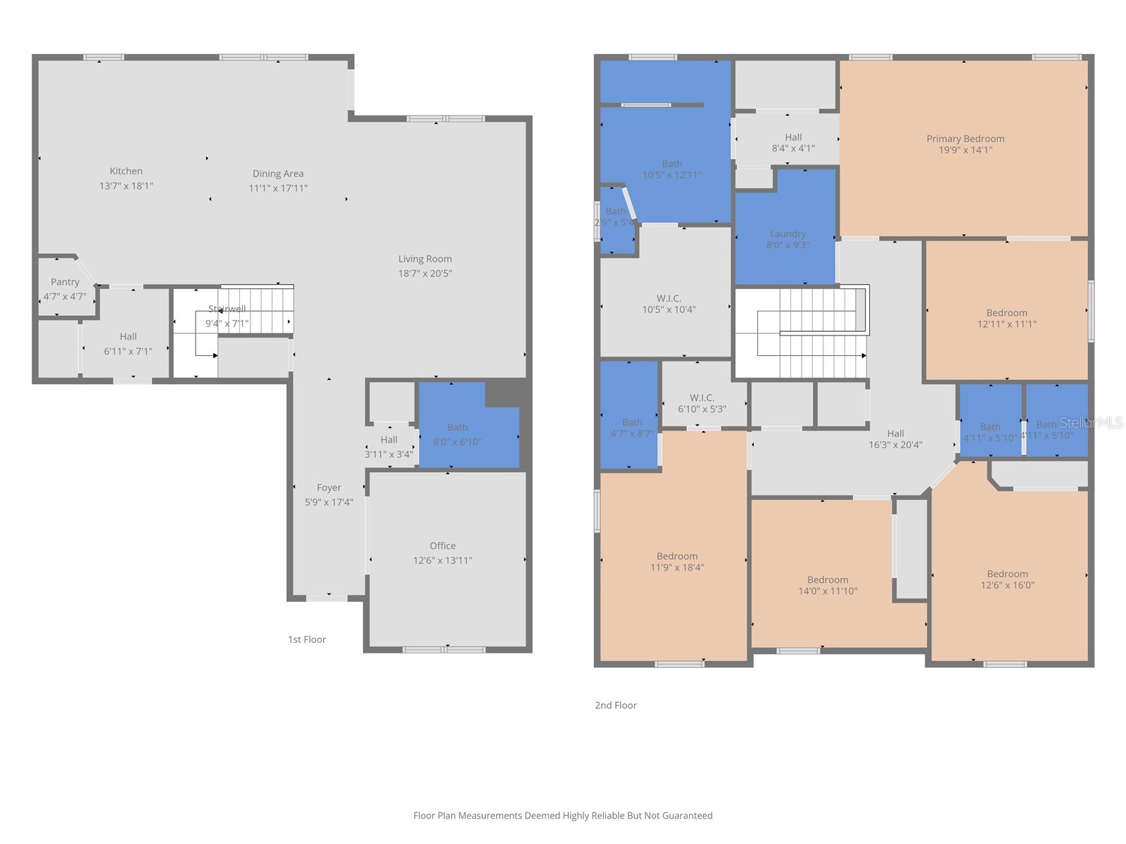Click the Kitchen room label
click(x=126, y=171)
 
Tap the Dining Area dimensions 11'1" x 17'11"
click(x=278, y=188)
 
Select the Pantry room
click(x=65, y=288)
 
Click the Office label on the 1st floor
click(x=443, y=546)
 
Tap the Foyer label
click(x=329, y=487)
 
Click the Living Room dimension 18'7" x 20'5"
click(x=425, y=273)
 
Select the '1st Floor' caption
click(x=307, y=639)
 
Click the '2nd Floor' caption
click(x=616, y=705)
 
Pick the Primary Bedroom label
click(x=965, y=139)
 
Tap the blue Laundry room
click(x=787, y=239)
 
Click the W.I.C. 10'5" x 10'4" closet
click(x=668, y=304)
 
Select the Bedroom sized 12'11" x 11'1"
click(x=1006, y=318)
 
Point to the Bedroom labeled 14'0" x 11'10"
click(x=828, y=585)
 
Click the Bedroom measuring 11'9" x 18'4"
click(x=676, y=561)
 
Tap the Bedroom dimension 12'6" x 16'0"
click(x=1007, y=585)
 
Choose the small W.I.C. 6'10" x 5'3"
click(x=702, y=403)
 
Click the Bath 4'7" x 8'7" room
click(x=631, y=428)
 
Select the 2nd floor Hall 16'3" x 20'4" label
click(x=895, y=439)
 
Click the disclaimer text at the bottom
click(x=562, y=815)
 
